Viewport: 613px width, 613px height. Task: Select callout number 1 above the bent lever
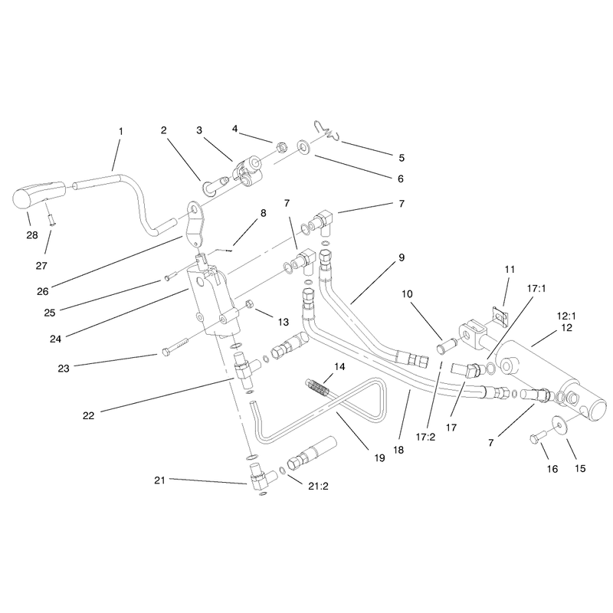(x=121, y=131)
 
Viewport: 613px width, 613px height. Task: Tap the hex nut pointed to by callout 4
(x=280, y=147)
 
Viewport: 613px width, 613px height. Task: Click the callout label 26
(x=43, y=291)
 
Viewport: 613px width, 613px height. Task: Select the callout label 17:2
(x=425, y=437)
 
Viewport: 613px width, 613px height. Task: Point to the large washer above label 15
(x=559, y=424)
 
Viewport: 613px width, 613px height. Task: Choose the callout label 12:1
(x=566, y=316)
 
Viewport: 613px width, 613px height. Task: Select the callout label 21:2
(x=318, y=486)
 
